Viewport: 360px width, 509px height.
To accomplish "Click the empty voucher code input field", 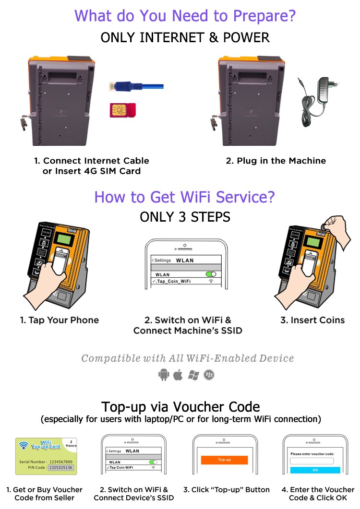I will tap(315, 461).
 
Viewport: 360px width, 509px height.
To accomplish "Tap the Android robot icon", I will tap(164, 375).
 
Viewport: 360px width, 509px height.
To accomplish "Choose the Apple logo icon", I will tap(179, 375).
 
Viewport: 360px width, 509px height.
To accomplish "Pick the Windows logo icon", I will tap(193, 375).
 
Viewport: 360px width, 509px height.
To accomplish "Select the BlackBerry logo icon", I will tap(209, 375).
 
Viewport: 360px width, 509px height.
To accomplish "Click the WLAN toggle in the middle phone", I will tap(210, 274).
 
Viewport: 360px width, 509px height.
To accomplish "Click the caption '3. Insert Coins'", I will tap(312, 320).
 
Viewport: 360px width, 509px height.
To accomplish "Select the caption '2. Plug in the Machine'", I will tap(276, 161).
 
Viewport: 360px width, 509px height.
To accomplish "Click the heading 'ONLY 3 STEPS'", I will tap(185, 217).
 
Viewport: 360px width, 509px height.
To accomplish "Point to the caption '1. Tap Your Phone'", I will tap(60, 320).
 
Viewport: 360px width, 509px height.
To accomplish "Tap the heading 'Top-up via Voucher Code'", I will tap(180, 407).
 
